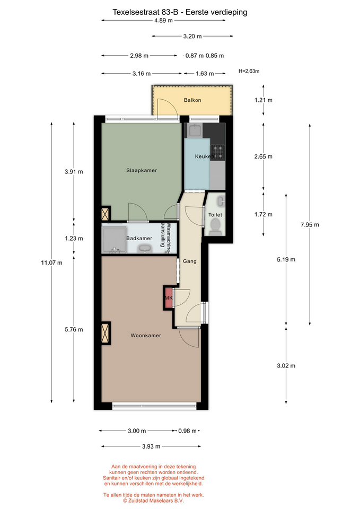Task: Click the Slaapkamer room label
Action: [142, 170]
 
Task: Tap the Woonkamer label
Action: [146, 336]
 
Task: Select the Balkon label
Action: [192, 100]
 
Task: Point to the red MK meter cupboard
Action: [169, 297]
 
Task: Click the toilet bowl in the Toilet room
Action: [215, 226]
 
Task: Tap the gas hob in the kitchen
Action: [218, 152]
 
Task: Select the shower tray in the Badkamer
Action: [115, 240]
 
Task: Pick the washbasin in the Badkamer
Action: [144, 249]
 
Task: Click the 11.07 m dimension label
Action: [51, 262]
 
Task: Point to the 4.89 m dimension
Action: [163, 21]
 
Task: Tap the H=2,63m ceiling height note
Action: [249, 71]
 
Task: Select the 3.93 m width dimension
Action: [151, 446]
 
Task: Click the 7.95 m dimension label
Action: [310, 225]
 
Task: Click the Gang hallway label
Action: [190, 261]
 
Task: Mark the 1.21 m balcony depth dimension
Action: [264, 100]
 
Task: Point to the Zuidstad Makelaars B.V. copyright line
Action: [153, 501]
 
